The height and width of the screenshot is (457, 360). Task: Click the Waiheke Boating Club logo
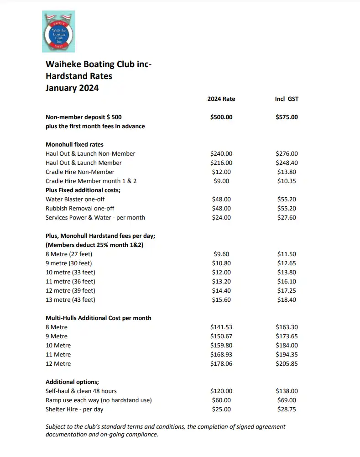pos(58,32)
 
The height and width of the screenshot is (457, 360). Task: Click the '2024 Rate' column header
pos(221,99)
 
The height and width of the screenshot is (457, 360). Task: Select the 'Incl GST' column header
pos(287,99)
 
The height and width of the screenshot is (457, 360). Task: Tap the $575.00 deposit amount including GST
pos(287,117)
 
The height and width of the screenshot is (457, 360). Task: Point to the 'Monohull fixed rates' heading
pos(74,144)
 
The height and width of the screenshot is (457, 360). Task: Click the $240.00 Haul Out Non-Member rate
pos(221,154)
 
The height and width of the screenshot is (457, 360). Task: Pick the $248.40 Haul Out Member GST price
pos(287,163)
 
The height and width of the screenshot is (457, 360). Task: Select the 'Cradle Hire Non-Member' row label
pos(80,172)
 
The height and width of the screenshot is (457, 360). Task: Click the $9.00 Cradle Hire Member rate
pos(221,181)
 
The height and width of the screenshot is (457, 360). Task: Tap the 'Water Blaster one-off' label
pos(75,200)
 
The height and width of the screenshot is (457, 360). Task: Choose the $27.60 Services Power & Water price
pos(287,218)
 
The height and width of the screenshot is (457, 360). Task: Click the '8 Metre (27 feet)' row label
pos(69,254)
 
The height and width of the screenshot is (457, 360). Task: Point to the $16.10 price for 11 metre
pos(287,282)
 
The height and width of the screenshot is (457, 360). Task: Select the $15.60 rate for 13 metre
pos(221,300)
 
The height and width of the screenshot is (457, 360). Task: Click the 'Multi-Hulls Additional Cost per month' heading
pos(99,318)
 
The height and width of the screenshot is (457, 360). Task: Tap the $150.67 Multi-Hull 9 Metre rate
pos(221,336)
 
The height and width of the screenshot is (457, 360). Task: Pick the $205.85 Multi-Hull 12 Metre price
pos(287,364)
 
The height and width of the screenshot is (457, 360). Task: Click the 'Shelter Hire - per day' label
pos(74,410)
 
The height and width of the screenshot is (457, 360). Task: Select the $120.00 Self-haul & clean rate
pos(221,391)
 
